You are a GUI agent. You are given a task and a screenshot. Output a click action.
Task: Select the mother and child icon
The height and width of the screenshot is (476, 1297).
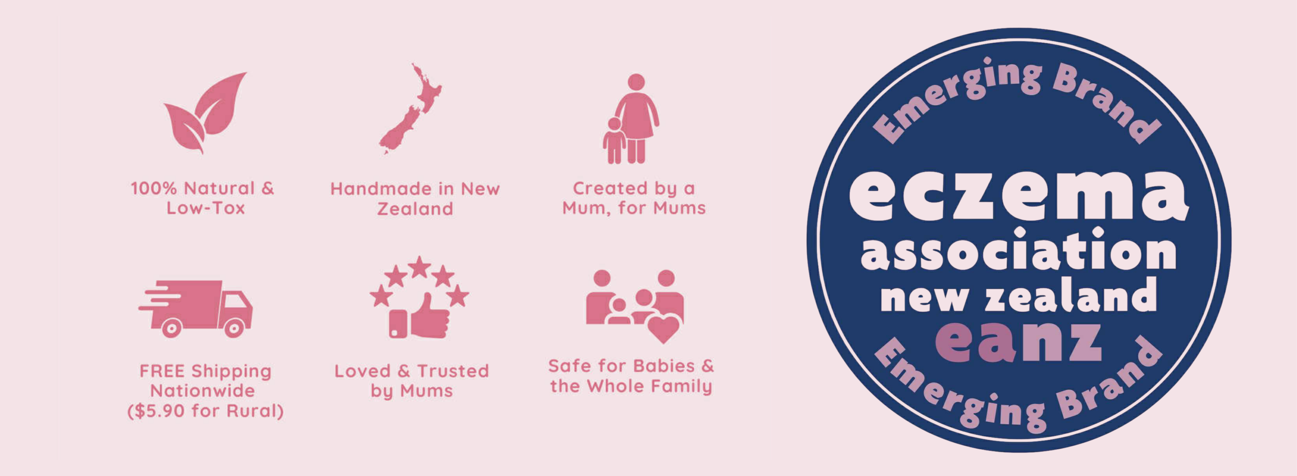point(631,119)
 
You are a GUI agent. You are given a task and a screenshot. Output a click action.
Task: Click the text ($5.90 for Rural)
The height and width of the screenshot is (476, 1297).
point(205,411)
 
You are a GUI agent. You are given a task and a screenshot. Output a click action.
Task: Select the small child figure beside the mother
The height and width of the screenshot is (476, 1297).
point(614,140)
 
